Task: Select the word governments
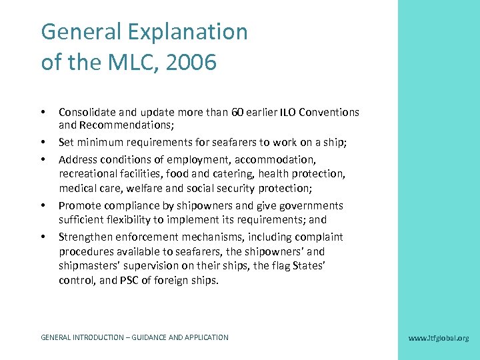tap(312, 205)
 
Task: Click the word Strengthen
tap(87, 237)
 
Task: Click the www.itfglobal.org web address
tap(438, 338)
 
